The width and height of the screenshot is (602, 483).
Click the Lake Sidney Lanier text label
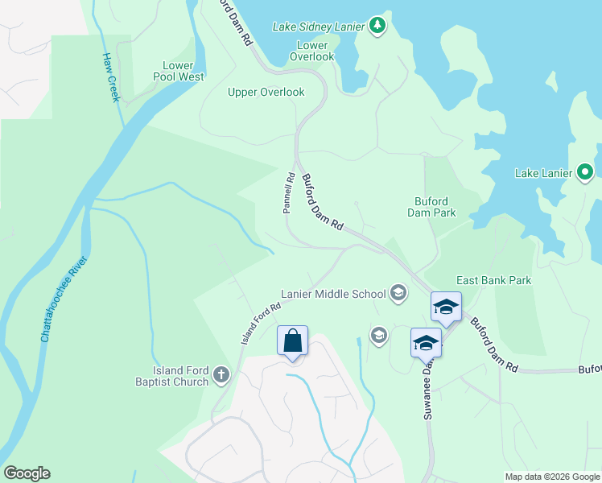[x=320, y=26]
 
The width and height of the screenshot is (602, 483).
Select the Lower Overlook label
[x=311, y=52]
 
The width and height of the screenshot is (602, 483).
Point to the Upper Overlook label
[x=266, y=92]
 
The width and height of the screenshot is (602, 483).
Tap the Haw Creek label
[x=110, y=77]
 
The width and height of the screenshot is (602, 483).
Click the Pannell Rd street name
[x=287, y=192]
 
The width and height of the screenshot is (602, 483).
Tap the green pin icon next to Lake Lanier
[x=585, y=171]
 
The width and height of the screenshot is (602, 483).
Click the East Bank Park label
[x=493, y=280]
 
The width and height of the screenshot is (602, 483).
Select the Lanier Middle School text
[x=333, y=294]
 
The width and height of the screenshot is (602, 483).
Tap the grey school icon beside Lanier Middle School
[x=398, y=292]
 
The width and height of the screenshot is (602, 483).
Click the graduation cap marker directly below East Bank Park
[x=446, y=307]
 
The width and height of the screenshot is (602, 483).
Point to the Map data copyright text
[x=551, y=477]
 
